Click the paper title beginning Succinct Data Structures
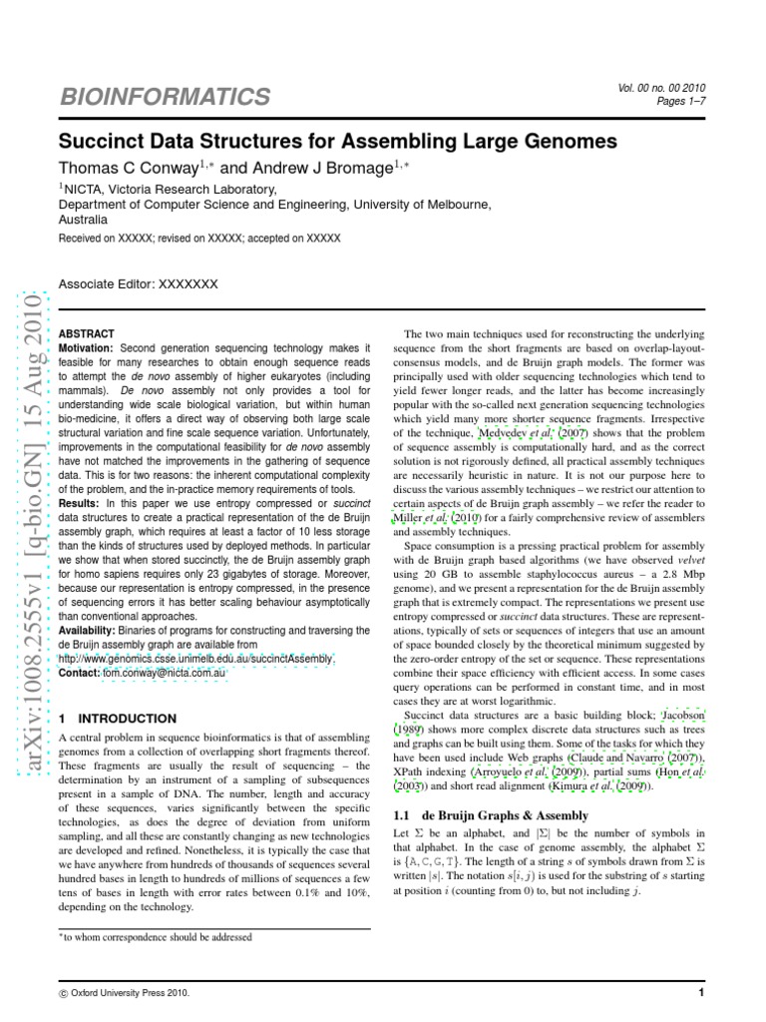coord(337,141)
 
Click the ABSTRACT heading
coord(87,332)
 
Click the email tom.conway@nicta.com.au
coord(165,674)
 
